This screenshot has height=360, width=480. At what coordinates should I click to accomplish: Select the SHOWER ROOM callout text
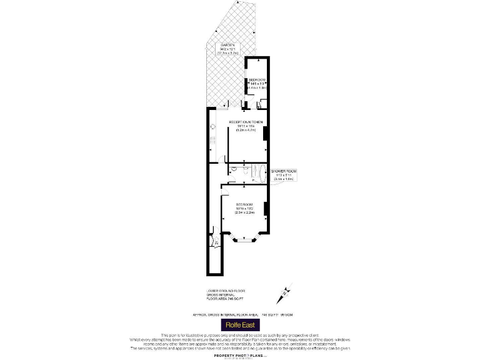coord(283,170)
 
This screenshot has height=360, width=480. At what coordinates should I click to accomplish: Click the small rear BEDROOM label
coord(257,80)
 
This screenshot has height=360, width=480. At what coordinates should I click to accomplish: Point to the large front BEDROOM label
coord(244,205)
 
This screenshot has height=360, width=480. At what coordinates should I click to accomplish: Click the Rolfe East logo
coord(240,326)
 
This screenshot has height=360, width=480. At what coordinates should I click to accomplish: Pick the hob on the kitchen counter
coord(212,139)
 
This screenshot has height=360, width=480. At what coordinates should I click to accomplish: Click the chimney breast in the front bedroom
coord(266,209)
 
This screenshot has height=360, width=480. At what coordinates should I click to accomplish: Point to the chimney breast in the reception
coord(266,133)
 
